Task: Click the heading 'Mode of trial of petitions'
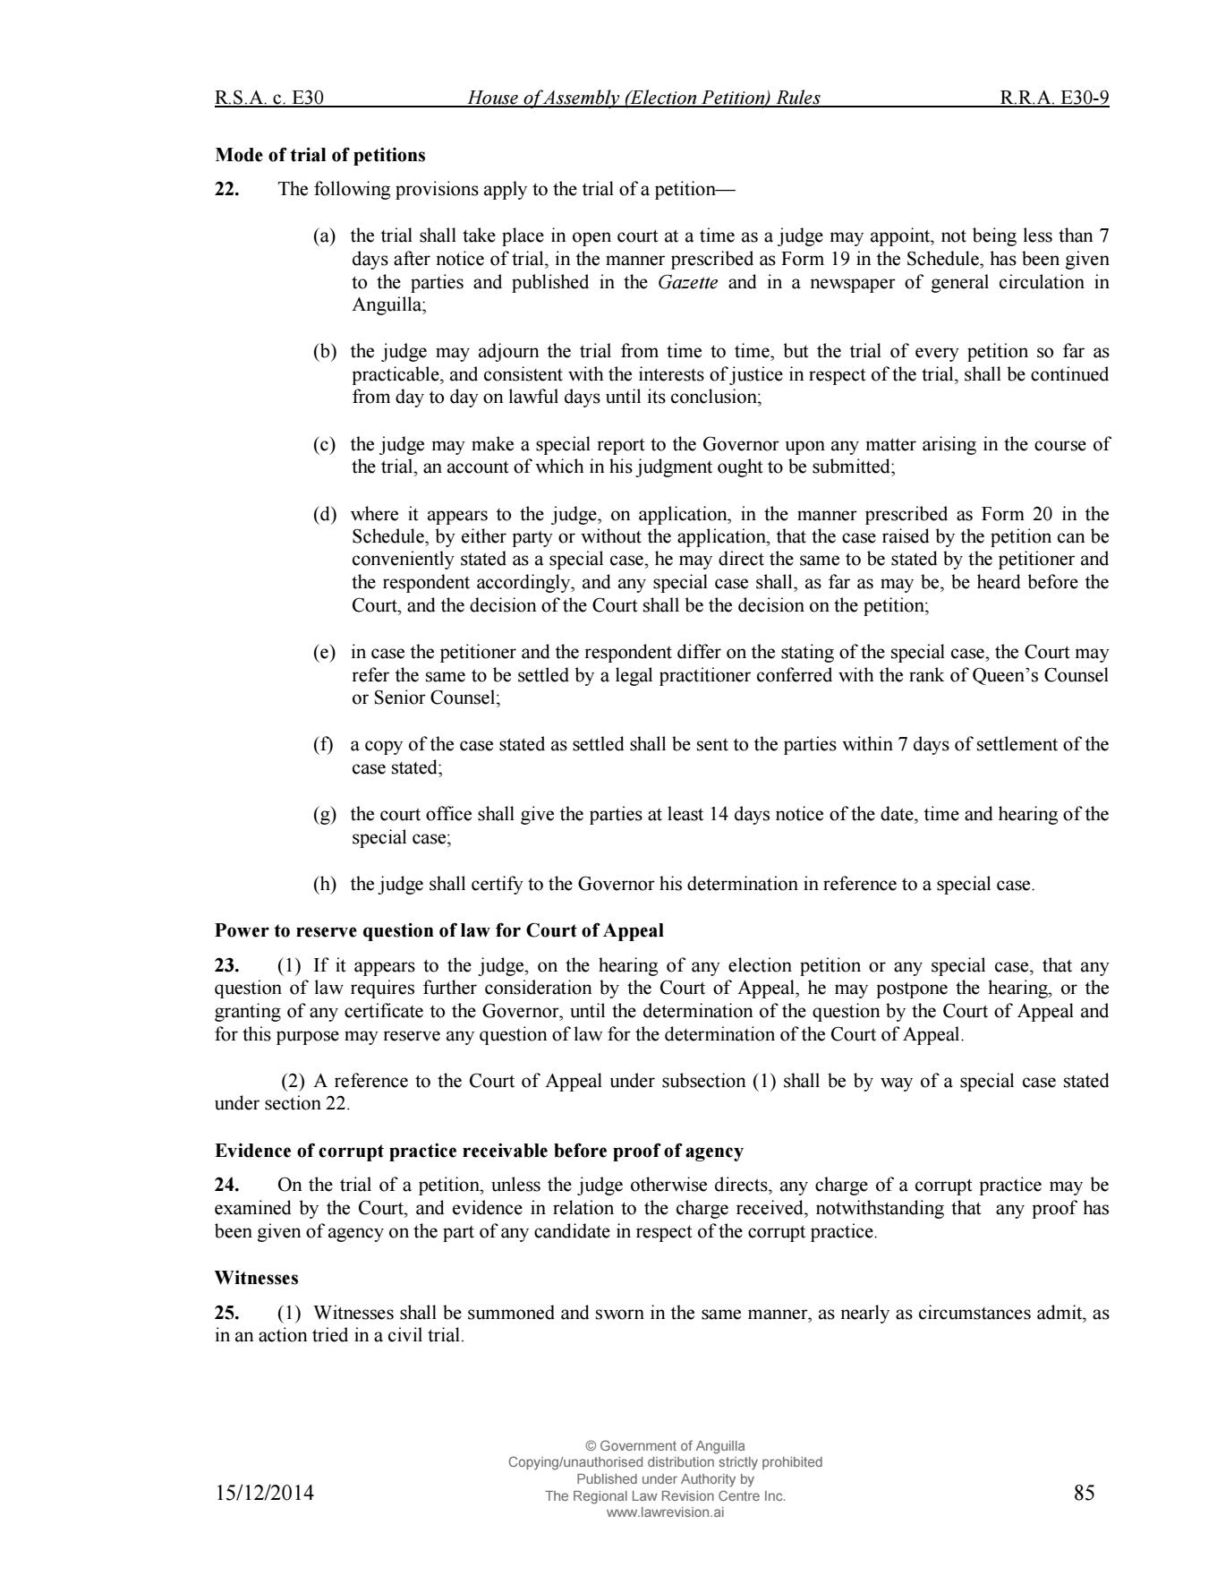click(x=319, y=155)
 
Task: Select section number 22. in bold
click(x=226, y=189)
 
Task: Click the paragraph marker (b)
click(x=324, y=351)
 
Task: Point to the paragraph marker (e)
click(x=324, y=652)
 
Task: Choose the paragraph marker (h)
click(x=324, y=884)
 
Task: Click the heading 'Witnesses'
click(x=256, y=1278)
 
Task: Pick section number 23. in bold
click(x=226, y=965)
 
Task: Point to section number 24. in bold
click(x=226, y=1185)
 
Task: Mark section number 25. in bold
click(x=226, y=1313)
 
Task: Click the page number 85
click(x=1084, y=1493)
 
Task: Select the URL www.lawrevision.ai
click(x=665, y=1512)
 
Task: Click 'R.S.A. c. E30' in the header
click(x=268, y=98)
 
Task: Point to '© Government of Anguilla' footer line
click(x=665, y=1446)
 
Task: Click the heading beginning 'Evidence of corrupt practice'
click(x=479, y=1151)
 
